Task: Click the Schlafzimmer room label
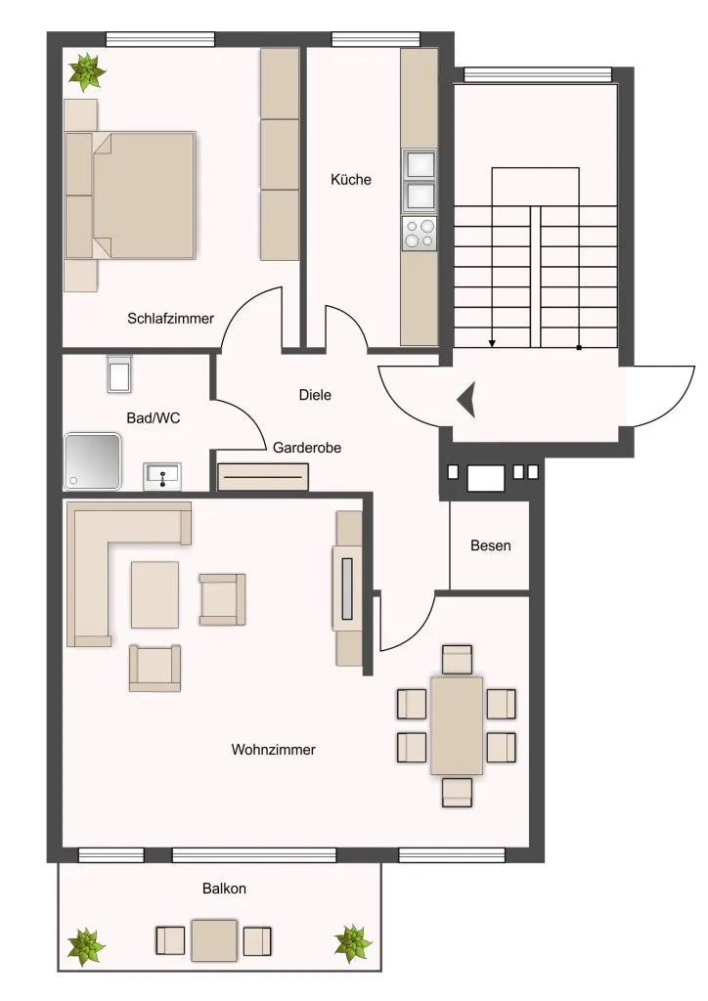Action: (170, 318)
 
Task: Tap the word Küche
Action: (350, 180)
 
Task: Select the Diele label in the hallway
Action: (316, 395)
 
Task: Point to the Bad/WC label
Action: (154, 418)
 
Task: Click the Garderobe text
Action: (306, 448)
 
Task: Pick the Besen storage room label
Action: (490, 545)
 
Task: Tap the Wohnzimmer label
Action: (273, 750)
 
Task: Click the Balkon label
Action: (224, 888)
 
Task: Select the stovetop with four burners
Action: (420, 233)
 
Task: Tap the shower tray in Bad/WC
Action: (93, 461)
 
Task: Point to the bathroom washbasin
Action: (162, 476)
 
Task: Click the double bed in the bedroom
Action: (130, 196)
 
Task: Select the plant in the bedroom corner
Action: (87, 71)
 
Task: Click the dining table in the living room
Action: (457, 726)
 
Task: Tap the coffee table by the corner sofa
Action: (155, 595)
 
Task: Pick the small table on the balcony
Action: (214, 940)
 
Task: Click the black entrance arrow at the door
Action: (466, 400)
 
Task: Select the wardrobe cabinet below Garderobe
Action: (263, 477)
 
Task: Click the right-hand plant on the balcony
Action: (352, 943)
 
